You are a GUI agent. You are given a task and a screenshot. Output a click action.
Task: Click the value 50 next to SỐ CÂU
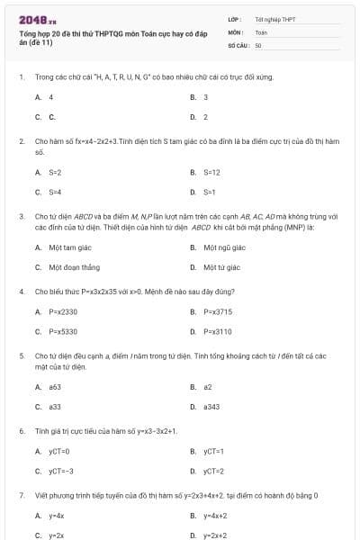pyautogui.click(x=258, y=44)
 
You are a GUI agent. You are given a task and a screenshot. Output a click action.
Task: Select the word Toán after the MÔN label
pyautogui.click(x=261, y=31)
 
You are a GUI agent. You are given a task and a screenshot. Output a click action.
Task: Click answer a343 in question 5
pyautogui.click(x=211, y=407)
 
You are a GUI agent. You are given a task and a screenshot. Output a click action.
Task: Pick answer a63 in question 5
pyautogui.click(x=55, y=387)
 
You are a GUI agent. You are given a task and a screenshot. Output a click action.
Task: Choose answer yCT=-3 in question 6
pyautogui.click(x=60, y=471)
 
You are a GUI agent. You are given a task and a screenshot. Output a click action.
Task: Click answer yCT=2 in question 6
pyautogui.click(x=213, y=471)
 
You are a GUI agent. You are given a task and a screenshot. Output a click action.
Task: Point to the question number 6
pyautogui.click(x=21, y=431)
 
